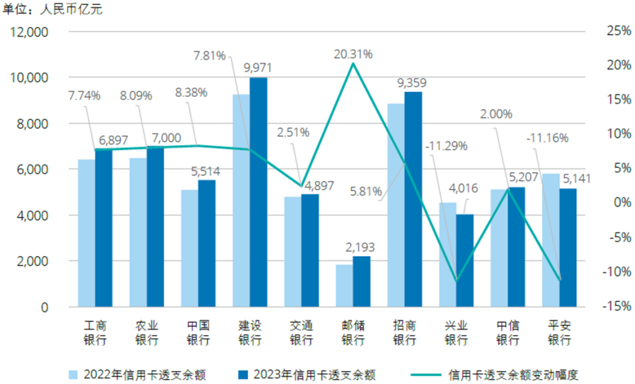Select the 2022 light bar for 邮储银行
pos(345,286)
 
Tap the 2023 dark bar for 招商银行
pos(413,200)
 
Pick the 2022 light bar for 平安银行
pos(550,240)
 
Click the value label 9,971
pos(259,67)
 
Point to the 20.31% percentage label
pos(353,54)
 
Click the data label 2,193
pos(361,247)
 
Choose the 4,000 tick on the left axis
pos(32,215)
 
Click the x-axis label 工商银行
pos(95,332)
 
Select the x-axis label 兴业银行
pos(456,332)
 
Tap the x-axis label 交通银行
pos(302,332)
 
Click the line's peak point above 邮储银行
pos(353,63)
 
